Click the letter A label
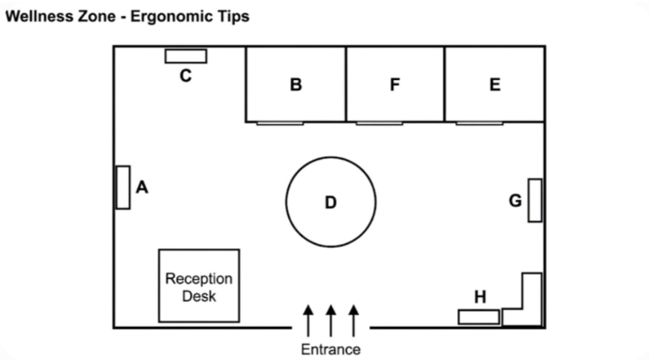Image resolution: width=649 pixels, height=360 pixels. [x=142, y=187]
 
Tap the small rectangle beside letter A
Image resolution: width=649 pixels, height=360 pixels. [x=123, y=187]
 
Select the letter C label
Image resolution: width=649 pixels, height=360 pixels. [x=185, y=76]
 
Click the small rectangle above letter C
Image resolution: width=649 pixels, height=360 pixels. [x=185, y=57]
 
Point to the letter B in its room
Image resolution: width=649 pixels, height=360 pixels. [x=295, y=85]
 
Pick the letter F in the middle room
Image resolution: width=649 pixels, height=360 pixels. [x=395, y=85]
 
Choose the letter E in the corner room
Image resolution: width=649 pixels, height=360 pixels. [x=495, y=85]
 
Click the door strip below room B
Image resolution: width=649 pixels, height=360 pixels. [x=280, y=123]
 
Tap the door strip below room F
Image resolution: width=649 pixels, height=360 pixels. [x=379, y=123]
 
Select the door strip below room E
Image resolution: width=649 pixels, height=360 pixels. [x=479, y=123]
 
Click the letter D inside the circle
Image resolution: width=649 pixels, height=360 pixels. [x=330, y=202]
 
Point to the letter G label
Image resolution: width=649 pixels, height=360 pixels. [x=515, y=201]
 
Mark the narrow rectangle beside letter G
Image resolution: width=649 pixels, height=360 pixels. [x=535, y=201]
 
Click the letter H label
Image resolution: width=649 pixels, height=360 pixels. [x=480, y=297]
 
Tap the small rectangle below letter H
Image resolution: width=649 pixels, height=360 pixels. [x=479, y=317]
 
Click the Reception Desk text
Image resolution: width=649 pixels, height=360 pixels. [x=199, y=288]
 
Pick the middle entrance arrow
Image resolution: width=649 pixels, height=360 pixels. [x=330, y=320]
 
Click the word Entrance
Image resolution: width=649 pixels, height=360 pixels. [x=330, y=350]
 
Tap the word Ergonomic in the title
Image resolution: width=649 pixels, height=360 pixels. [x=190, y=16]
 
